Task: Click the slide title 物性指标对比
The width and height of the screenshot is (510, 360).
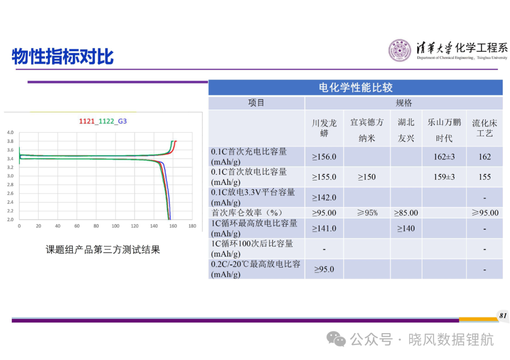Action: coord(62,57)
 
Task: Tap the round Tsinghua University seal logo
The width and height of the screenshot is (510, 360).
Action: coord(400,50)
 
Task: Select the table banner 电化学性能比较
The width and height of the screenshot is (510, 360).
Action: coord(356,87)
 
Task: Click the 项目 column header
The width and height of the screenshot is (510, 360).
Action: coord(256,103)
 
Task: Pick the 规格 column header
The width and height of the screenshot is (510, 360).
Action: coord(404,103)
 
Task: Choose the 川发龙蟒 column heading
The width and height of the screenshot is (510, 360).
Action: coord(324,128)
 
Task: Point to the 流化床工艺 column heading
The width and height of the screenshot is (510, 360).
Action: coord(484,128)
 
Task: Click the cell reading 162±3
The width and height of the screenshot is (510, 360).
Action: coord(444,157)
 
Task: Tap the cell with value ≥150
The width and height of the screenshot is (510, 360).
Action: coord(366,177)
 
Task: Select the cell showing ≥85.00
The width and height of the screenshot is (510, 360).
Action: coord(406,213)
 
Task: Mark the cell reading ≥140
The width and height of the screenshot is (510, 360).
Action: coord(406,229)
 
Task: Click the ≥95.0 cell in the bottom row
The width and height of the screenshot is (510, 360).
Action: coord(324,269)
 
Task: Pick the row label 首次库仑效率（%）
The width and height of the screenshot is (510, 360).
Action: coord(247,213)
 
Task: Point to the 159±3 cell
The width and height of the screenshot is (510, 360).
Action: coord(444,177)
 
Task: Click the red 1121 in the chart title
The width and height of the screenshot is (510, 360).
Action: coord(86,121)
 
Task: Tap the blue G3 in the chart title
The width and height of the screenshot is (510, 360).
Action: coord(122,121)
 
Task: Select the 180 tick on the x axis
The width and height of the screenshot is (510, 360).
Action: coord(192,226)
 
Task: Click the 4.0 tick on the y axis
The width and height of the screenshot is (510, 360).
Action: coord(10,133)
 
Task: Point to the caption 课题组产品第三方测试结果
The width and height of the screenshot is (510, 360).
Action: coord(103,250)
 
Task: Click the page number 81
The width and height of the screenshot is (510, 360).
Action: coord(503,316)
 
